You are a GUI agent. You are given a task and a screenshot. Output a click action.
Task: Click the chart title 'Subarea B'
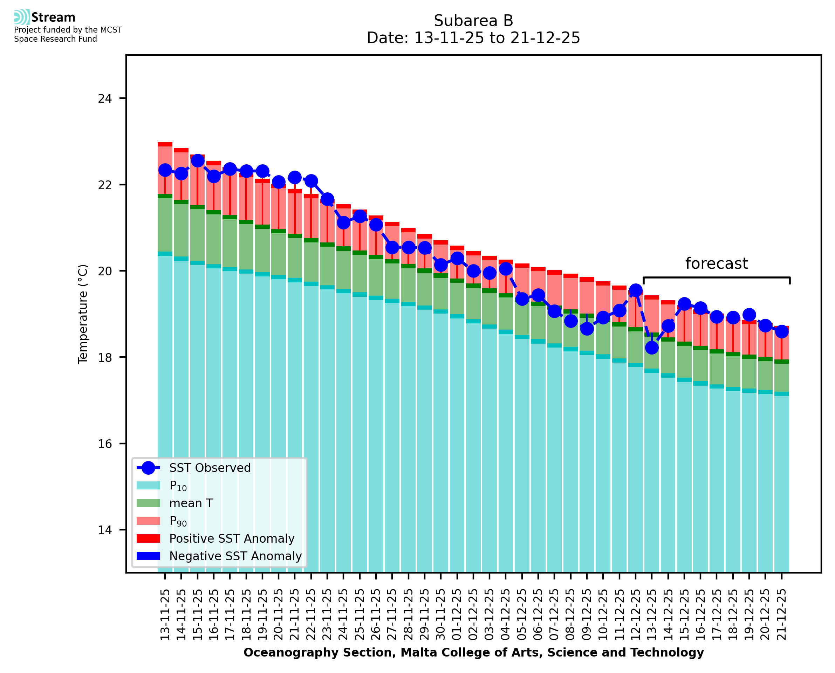pyautogui.click(x=473, y=21)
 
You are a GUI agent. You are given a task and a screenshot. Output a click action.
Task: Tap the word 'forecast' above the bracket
pyautogui.click(x=716, y=263)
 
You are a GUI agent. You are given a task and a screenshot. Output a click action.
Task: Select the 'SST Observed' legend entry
pyautogui.click(x=210, y=468)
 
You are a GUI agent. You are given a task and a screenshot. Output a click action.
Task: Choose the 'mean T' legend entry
pyautogui.click(x=191, y=503)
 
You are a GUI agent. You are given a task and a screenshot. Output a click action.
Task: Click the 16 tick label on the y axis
pyautogui.click(x=105, y=444)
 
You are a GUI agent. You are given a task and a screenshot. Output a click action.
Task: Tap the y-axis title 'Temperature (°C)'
pyautogui.click(x=83, y=314)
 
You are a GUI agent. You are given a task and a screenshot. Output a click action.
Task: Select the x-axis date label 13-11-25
pyautogui.click(x=165, y=614)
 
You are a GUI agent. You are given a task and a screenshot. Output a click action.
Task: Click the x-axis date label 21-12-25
pyautogui.click(x=781, y=614)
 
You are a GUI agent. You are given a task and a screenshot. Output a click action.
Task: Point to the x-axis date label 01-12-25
pyautogui.click(x=457, y=614)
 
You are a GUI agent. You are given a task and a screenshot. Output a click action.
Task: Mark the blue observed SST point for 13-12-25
pyautogui.click(x=652, y=347)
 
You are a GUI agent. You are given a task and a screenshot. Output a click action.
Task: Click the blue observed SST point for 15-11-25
pyautogui.click(x=198, y=160)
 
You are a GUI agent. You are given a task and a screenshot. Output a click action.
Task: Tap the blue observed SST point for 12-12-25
pyautogui.click(x=636, y=290)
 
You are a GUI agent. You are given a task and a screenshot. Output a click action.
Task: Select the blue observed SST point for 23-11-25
pyautogui.click(x=327, y=199)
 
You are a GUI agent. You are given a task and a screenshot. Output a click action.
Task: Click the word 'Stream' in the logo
pyautogui.click(x=53, y=18)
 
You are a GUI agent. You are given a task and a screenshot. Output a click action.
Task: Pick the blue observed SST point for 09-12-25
pyautogui.click(x=587, y=329)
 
